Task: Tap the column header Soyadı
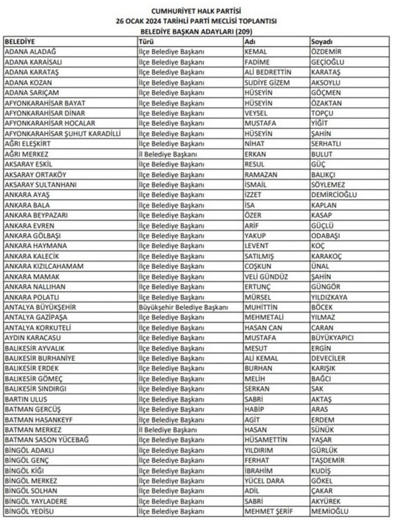pyautogui.click(x=322, y=41)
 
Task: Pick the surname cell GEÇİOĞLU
pyautogui.click(x=328, y=62)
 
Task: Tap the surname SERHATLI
pyautogui.click(x=326, y=144)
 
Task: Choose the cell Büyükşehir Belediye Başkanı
pyautogui.click(x=184, y=307)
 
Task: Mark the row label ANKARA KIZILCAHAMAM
pyautogui.click(x=44, y=266)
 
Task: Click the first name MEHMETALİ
pyautogui.click(x=264, y=318)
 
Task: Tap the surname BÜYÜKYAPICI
pyautogui.click(x=332, y=338)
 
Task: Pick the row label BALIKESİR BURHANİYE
pyautogui.click(x=40, y=358)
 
